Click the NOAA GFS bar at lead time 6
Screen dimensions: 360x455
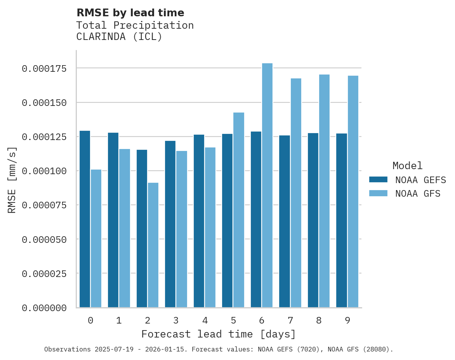click(267, 185)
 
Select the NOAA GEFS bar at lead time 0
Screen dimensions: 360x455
click(85, 219)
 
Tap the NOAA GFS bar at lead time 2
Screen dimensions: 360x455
click(153, 245)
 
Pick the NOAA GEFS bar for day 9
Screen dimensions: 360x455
click(342, 220)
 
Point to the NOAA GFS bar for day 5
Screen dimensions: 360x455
click(239, 210)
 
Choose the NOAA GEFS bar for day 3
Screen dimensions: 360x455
click(170, 224)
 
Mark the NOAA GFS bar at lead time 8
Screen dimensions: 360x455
click(324, 191)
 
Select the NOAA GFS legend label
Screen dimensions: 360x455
click(418, 194)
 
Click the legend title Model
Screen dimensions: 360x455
click(407, 166)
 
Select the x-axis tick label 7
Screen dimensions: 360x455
click(290, 320)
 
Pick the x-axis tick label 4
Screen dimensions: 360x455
click(205, 320)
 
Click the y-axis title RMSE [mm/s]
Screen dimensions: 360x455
click(12, 180)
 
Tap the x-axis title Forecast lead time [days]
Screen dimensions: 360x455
click(219, 334)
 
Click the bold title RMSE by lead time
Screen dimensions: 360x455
click(130, 13)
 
